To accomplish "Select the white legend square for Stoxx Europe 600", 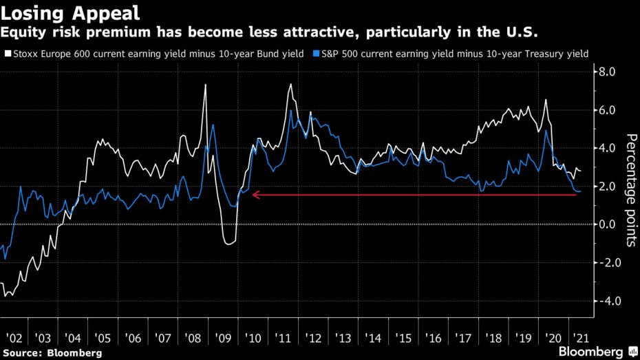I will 7,53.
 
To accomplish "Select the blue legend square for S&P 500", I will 316,53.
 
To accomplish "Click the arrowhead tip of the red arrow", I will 253,195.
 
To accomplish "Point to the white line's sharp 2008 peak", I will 205,85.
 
